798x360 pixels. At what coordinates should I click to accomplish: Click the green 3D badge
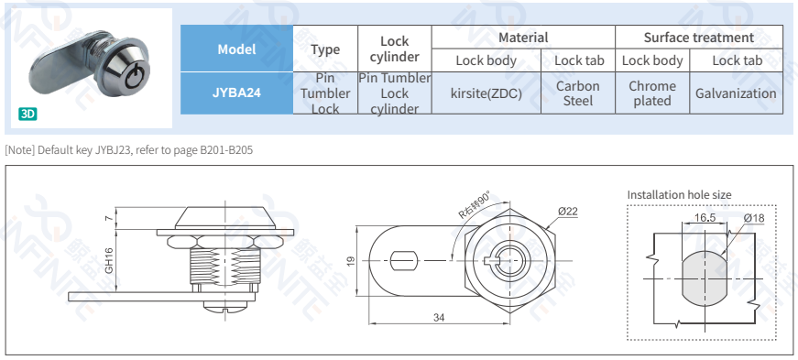[28, 115]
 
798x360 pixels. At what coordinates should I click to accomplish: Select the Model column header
[236, 49]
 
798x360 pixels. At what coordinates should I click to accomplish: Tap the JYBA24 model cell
[236, 93]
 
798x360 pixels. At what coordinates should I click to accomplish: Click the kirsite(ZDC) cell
[486, 93]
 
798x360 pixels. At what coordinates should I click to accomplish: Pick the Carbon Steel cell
[577, 93]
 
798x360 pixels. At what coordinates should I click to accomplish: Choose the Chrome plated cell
[652, 93]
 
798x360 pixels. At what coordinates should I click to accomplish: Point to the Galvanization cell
[736, 93]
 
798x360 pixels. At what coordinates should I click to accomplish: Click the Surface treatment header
[699, 38]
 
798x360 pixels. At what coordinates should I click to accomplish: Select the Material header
[523, 38]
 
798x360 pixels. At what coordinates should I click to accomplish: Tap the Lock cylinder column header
[395, 49]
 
